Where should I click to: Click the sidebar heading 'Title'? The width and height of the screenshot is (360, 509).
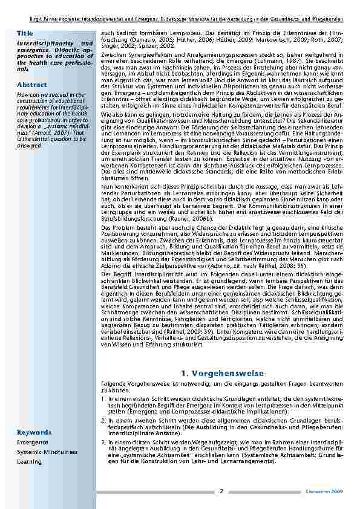25,32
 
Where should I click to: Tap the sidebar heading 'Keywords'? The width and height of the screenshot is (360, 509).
34,432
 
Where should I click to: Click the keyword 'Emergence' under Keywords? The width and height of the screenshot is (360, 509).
33,443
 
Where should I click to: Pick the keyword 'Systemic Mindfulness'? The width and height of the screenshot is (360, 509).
47,452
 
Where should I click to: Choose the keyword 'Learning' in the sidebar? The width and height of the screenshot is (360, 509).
29,462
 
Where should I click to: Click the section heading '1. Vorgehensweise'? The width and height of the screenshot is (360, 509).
223,374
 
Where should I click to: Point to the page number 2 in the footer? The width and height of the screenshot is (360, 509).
221,491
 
